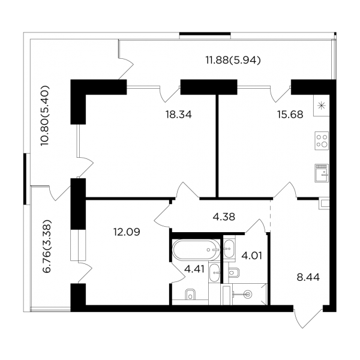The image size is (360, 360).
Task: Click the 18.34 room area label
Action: pyautogui.click(x=179, y=115)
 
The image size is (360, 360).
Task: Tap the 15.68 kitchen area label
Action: pyautogui.click(x=290, y=115)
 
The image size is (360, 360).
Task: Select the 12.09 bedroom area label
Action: pyautogui.click(x=127, y=232)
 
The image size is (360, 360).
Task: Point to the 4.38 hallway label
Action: pyautogui.click(x=224, y=217)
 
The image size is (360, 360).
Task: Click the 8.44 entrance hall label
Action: pyautogui.click(x=308, y=277)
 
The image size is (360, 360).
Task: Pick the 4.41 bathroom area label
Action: pyautogui.click(x=194, y=269)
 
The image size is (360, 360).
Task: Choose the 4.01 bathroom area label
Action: pyautogui.click(x=252, y=256)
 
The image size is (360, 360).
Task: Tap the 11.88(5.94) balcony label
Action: pyautogui.click(x=233, y=61)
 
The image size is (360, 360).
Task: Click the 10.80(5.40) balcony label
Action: pyautogui.click(x=45, y=116)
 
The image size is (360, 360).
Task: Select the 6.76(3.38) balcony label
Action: pyautogui.click(x=47, y=247)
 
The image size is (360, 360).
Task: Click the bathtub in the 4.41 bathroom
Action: pyautogui.click(x=196, y=250)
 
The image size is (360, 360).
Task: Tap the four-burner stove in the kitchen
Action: pyautogui.click(x=322, y=141)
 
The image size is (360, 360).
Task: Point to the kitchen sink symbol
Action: pyautogui.click(x=322, y=173)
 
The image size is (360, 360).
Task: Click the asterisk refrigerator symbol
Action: pyautogui.click(x=322, y=106)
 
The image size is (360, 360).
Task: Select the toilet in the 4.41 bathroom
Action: pyautogui.click(x=190, y=294)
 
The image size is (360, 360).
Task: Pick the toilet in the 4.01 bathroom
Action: pyautogui.click(x=234, y=272)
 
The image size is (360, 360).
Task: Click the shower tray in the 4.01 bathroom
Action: pyautogui.click(x=250, y=294)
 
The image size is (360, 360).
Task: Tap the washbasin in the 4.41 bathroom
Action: pyautogui.click(x=215, y=273)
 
